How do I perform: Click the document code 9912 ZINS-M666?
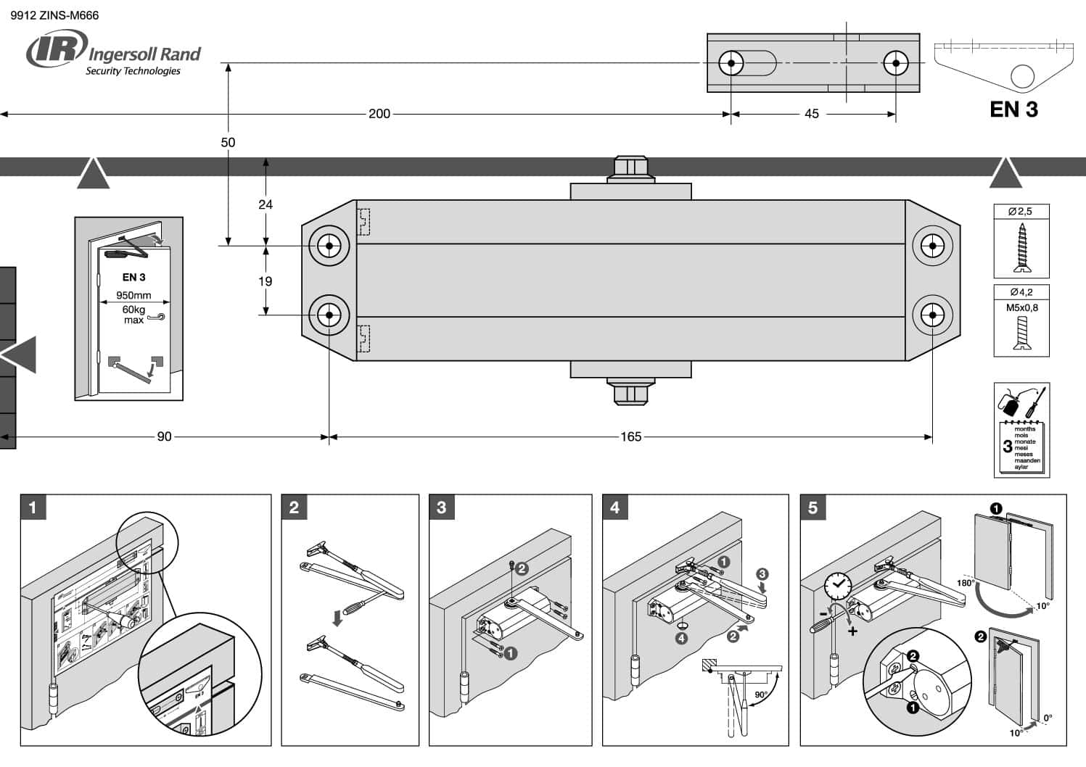[54, 14]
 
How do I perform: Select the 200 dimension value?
[379, 114]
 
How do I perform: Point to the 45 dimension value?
[812, 114]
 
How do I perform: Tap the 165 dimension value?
[630, 436]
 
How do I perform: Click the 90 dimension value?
[165, 436]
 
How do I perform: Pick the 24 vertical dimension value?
[266, 204]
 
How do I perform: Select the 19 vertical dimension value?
[266, 281]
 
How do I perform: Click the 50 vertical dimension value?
[228, 142]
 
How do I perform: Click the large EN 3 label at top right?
[1013, 109]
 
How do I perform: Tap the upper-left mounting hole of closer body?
[329, 246]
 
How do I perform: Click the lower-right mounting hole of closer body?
[932, 315]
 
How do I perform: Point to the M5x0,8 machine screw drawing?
[1021, 333]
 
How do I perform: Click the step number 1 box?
[32, 507]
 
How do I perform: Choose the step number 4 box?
[614, 507]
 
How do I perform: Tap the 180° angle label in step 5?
[966, 583]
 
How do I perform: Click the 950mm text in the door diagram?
[133, 295]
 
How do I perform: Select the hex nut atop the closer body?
[630, 167]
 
